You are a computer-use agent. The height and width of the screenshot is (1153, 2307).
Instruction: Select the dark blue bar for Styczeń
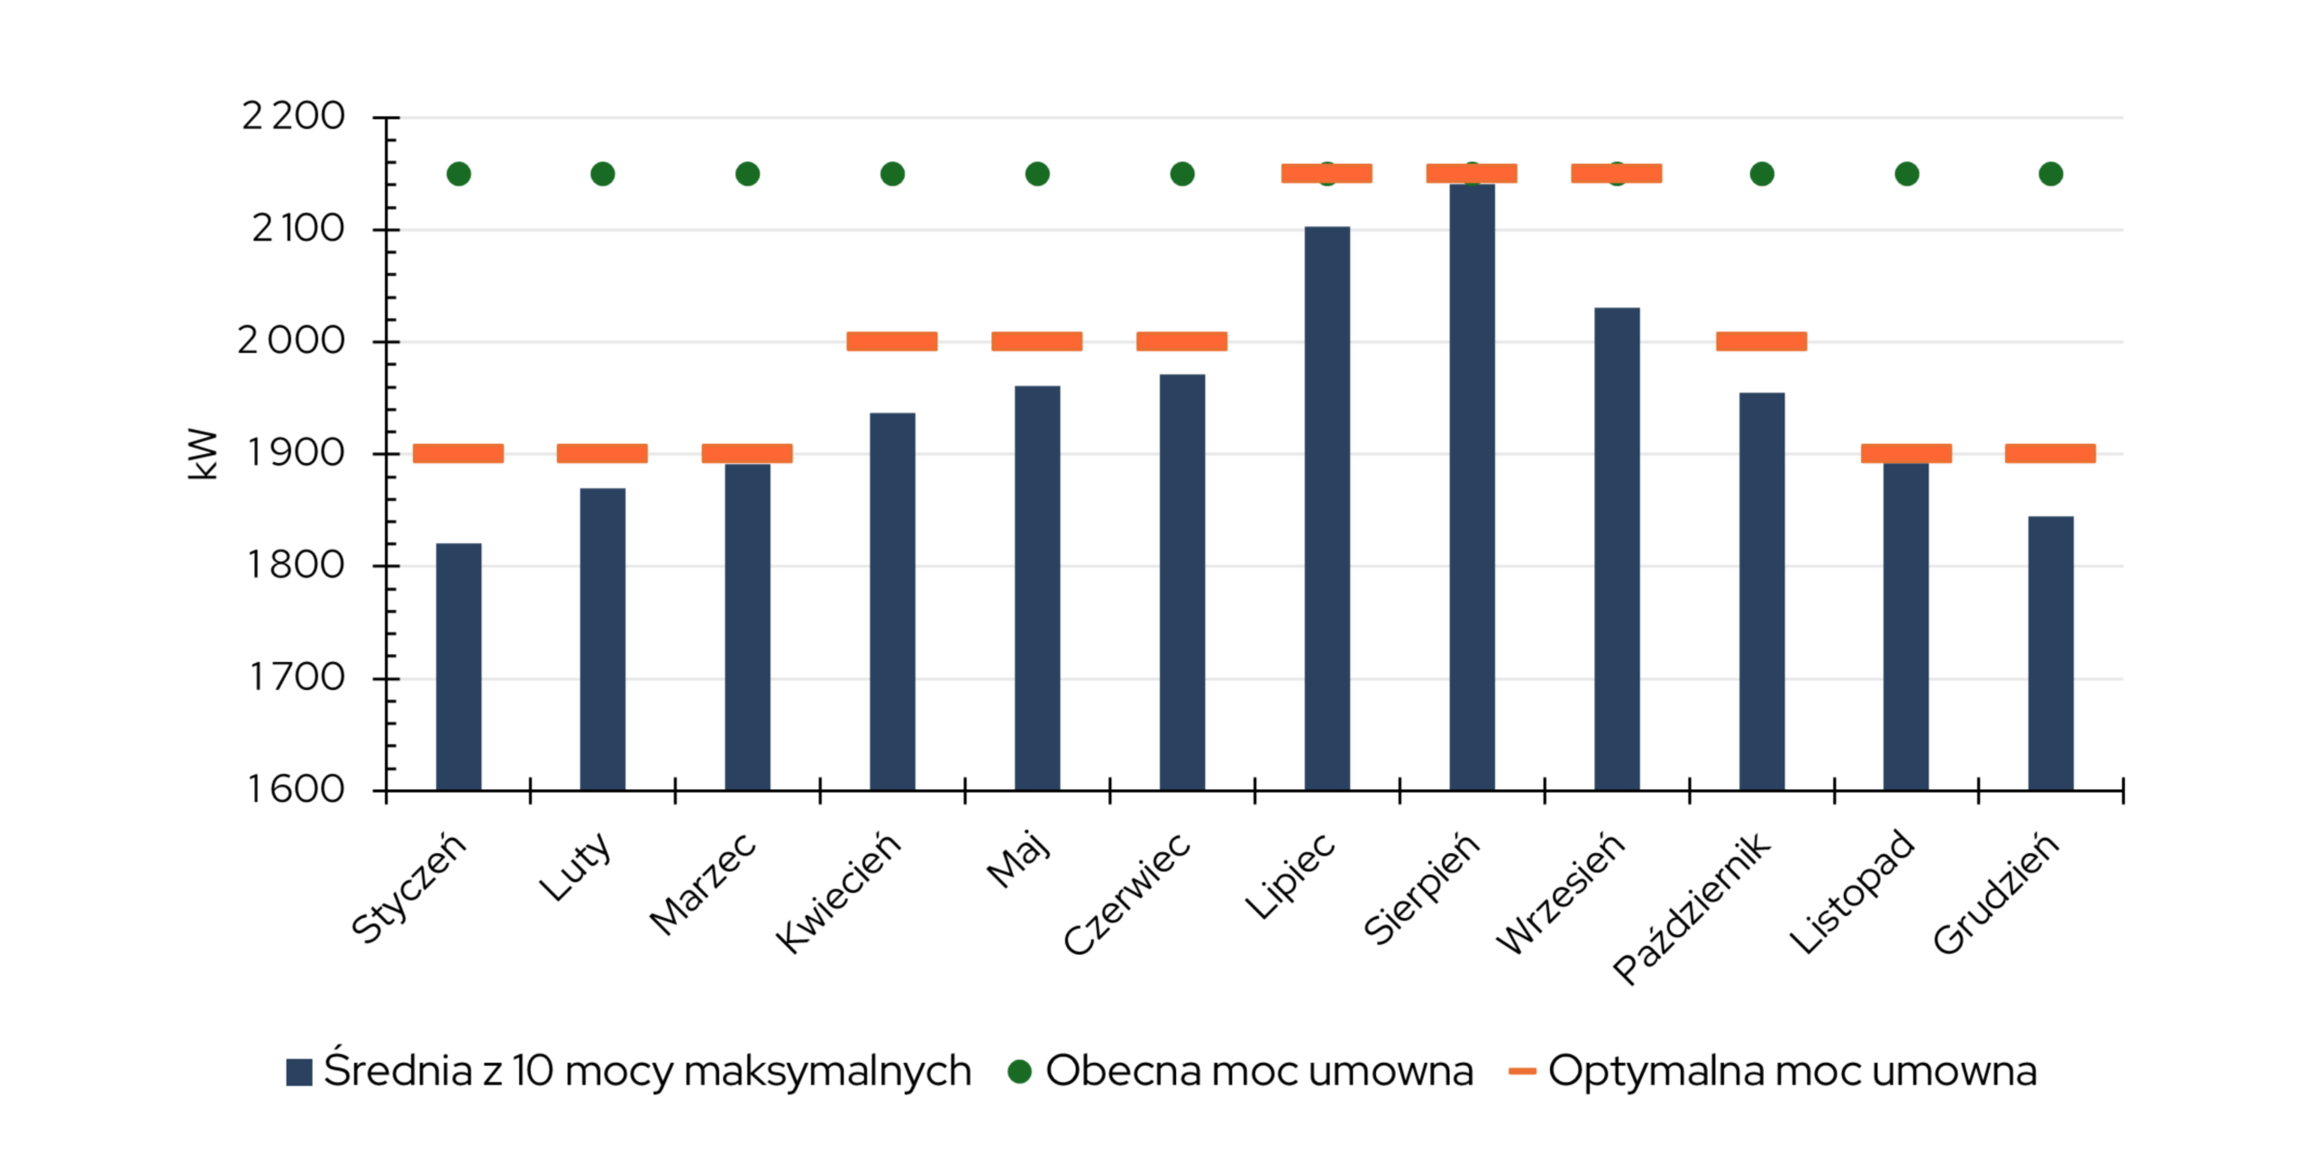[458, 667]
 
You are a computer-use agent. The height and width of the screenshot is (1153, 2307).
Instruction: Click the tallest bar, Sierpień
[1472, 486]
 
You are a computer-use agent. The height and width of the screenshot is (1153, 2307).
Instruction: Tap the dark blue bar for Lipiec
[1327, 509]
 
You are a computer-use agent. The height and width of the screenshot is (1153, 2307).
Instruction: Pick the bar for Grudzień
[2050, 653]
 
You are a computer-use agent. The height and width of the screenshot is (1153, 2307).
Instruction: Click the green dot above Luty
[603, 174]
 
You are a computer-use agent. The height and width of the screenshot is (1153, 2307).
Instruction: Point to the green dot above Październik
[1762, 174]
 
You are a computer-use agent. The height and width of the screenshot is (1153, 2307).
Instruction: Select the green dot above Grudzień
[2051, 174]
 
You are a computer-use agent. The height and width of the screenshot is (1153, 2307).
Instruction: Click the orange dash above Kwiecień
[892, 341]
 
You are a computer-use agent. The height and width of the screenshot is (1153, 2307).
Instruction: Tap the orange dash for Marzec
[747, 453]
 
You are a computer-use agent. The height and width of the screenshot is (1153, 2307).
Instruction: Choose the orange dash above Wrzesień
[1617, 174]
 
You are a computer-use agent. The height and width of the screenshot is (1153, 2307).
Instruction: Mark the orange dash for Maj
[1037, 341]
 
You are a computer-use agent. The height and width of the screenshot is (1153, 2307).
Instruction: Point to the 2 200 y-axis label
[293, 116]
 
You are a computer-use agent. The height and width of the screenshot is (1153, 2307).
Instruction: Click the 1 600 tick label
[296, 790]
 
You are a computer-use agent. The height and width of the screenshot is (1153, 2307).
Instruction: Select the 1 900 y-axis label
[296, 453]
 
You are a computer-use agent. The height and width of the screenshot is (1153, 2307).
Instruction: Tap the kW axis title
[203, 454]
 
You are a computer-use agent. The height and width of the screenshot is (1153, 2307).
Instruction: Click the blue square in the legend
[299, 1072]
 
